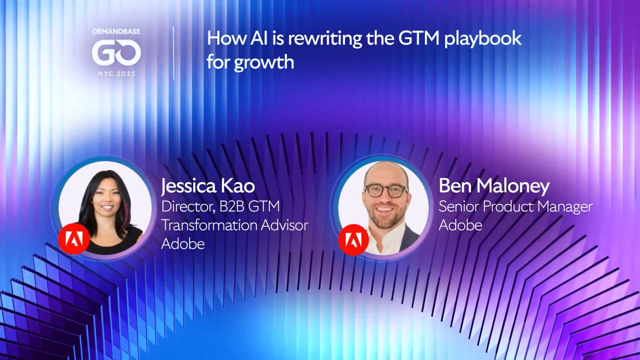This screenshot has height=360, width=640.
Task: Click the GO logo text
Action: coord(116,53)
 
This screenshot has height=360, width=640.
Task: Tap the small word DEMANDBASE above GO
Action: coord(116,31)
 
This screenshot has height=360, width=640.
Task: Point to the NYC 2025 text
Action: coord(116,73)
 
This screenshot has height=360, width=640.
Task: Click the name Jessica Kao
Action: coord(208,186)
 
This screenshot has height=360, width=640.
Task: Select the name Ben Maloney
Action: coord(494,186)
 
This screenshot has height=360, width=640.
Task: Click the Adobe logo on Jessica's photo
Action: coord(74,239)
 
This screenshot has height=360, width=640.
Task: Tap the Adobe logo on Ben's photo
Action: coord(353,240)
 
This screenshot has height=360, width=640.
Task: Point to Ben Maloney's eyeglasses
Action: coord(385,190)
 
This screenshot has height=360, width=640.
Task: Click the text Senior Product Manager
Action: coord(515,206)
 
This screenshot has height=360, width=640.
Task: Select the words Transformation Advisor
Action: coord(234,225)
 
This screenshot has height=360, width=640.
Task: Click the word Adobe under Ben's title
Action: coord(460,225)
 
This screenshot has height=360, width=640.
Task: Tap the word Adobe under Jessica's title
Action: coord(183,243)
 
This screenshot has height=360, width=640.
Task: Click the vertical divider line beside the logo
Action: coord(173,53)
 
